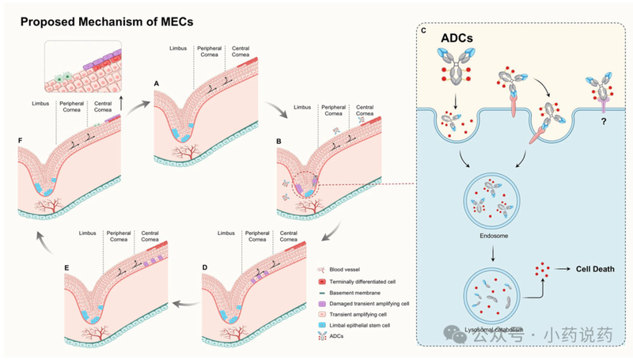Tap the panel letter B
[x=279, y=142]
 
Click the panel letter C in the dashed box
[x=424, y=31]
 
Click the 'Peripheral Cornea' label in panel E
[x=122, y=237]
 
